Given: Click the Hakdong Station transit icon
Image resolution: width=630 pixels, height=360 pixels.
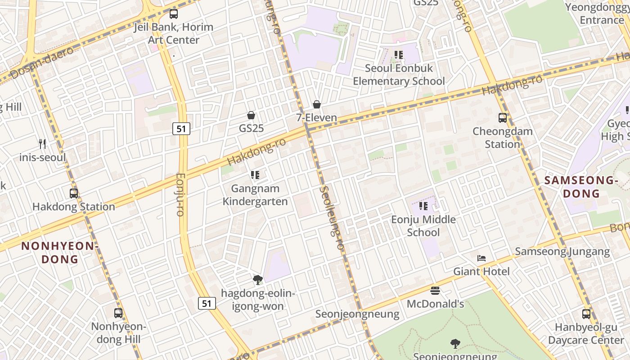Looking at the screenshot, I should [74, 193].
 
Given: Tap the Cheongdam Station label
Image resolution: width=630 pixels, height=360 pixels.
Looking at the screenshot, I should [502, 138].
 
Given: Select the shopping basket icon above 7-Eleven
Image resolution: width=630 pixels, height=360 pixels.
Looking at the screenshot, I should [317, 105].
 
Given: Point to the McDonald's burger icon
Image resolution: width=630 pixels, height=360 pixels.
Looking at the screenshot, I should [435, 291].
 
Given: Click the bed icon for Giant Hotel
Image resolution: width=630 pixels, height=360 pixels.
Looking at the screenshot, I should [481, 258].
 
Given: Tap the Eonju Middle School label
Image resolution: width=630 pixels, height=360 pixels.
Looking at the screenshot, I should [423, 226].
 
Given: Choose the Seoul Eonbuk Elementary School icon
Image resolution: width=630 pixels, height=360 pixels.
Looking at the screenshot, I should [399, 55].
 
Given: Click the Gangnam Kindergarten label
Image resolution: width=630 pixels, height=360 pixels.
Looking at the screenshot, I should [255, 195].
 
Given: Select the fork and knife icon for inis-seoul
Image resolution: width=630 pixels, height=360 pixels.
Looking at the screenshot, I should [43, 144].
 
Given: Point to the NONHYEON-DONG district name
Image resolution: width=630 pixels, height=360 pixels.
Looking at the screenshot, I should [59, 252].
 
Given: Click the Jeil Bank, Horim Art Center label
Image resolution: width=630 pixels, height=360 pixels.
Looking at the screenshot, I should [173, 33].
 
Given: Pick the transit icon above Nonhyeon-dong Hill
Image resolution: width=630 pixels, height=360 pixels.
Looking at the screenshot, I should [118, 313].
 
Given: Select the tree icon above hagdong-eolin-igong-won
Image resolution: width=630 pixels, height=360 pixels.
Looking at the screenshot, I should [258, 280].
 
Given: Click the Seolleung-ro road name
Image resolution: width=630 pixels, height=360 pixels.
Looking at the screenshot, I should [332, 219].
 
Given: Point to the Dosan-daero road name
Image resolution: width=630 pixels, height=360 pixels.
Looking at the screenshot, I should [42, 63].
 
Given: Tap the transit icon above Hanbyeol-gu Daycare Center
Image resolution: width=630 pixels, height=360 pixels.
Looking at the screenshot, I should [586, 314].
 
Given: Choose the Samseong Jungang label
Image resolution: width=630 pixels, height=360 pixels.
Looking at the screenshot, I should [562, 252].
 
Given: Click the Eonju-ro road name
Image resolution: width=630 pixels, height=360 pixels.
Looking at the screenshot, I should [180, 194].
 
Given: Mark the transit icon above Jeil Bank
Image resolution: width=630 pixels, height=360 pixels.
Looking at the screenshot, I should [174, 13].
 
